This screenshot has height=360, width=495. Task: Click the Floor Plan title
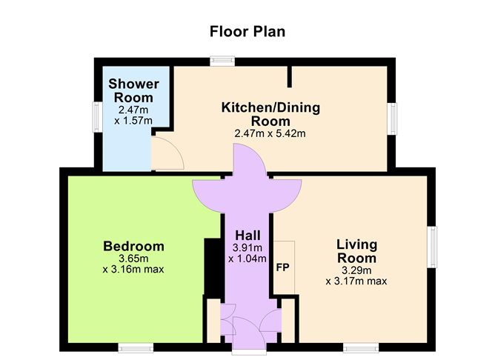(x=247, y=31)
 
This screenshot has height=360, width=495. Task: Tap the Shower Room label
(x=133, y=90)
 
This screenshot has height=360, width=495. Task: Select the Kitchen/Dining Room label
(x=270, y=114)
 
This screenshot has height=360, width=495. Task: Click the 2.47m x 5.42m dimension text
(x=270, y=134)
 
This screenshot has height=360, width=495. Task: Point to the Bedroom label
(x=133, y=246)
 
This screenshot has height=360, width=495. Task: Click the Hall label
(x=247, y=235)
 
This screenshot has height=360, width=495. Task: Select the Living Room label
(x=356, y=251)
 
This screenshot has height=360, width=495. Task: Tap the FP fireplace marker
(x=282, y=267)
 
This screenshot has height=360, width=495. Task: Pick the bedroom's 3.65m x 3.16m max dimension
(x=133, y=264)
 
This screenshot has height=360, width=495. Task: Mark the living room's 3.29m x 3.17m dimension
(x=356, y=276)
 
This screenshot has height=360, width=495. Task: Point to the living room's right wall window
(x=431, y=244)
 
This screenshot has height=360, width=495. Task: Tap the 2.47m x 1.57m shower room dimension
(x=133, y=115)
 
